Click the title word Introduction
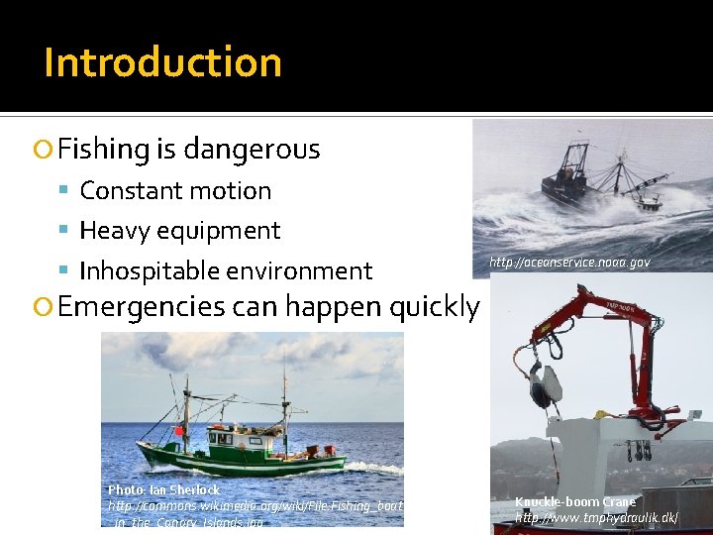[x=162, y=62]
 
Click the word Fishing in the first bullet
[x=103, y=150]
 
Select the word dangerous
[x=252, y=150]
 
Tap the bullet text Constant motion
[x=175, y=190]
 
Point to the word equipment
[x=219, y=231]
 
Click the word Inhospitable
[x=152, y=270]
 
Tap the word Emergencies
[x=141, y=307]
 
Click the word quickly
[x=435, y=307]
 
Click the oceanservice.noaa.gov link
[x=569, y=264]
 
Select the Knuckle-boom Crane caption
[x=575, y=501]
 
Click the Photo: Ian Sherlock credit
[x=163, y=490]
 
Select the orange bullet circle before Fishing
[x=43, y=151]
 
